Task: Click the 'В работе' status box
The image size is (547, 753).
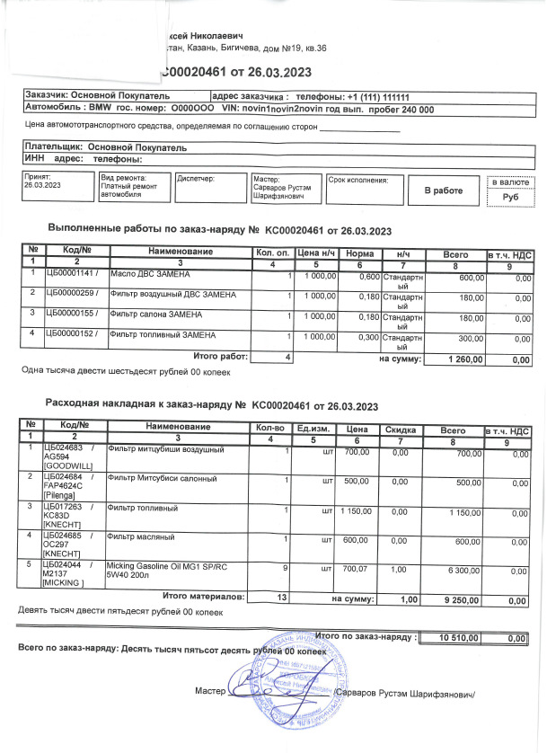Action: pyautogui.click(x=443, y=190)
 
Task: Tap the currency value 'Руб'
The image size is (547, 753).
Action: pyautogui.click(x=511, y=198)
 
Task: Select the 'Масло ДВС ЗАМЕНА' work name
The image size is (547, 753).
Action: pyautogui.click(x=150, y=273)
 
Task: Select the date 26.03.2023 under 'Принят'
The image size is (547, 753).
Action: pyautogui.click(x=43, y=185)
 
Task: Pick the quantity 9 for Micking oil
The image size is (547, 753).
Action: pyautogui.click(x=285, y=568)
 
